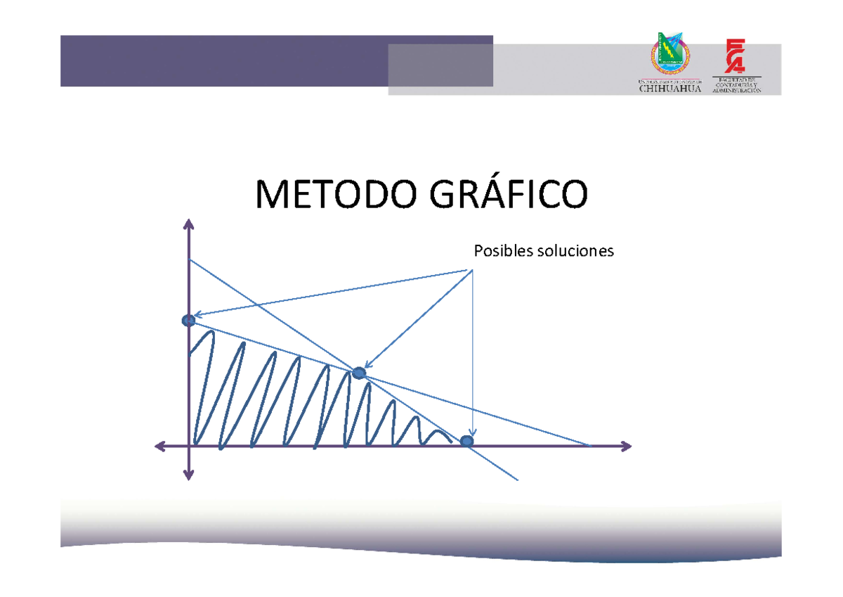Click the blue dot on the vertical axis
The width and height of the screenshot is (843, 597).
tap(188, 321)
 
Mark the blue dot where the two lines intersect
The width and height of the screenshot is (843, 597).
tap(359, 373)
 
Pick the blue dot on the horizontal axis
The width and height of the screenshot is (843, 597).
tap(466, 441)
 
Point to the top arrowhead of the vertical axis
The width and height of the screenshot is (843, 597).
tap(188, 224)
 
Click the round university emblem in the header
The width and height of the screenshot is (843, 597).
tap(671, 56)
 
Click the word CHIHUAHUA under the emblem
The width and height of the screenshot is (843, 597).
tap(670, 89)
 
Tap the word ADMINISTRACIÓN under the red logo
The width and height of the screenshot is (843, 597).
tap(736, 91)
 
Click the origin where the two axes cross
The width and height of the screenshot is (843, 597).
tap(189, 446)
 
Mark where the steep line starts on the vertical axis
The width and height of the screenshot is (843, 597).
tap(189, 260)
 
